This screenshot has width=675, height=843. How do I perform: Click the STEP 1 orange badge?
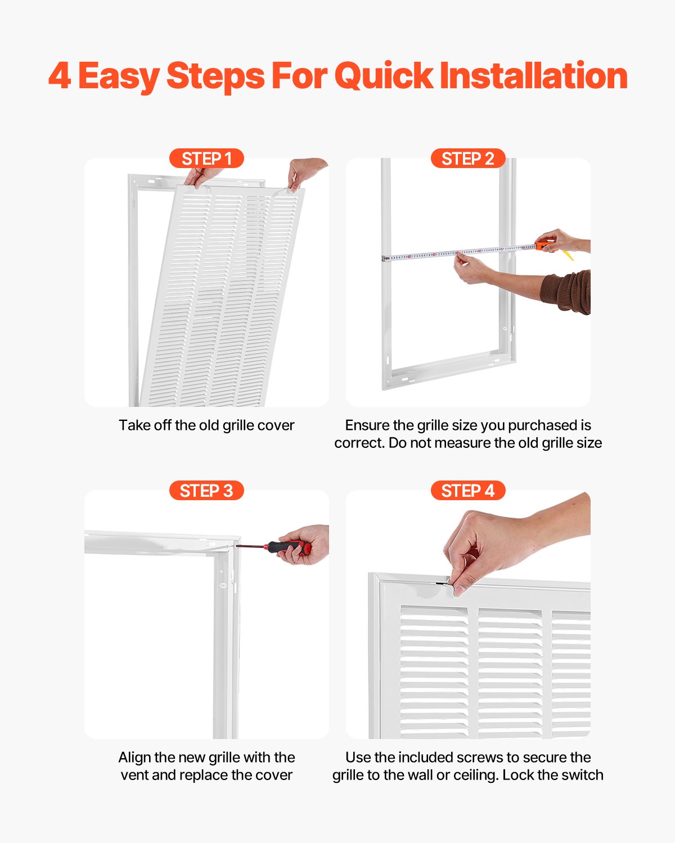tap(206, 158)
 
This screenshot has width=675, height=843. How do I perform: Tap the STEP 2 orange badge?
tap(467, 158)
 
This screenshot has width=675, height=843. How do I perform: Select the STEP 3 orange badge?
tap(206, 491)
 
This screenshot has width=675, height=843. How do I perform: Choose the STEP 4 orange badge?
tap(467, 491)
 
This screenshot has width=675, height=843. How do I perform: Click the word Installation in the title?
tap(533, 76)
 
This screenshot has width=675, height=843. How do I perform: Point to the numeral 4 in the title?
tap(60, 76)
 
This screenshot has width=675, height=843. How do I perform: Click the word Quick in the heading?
tap(384, 76)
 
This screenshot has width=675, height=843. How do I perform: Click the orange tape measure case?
tap(544, 246)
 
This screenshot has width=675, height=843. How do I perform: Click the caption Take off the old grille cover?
tap(206, 425)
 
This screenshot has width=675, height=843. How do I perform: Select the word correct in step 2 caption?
tap(359, 443)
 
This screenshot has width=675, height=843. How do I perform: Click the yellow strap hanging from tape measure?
tap(568, 256)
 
